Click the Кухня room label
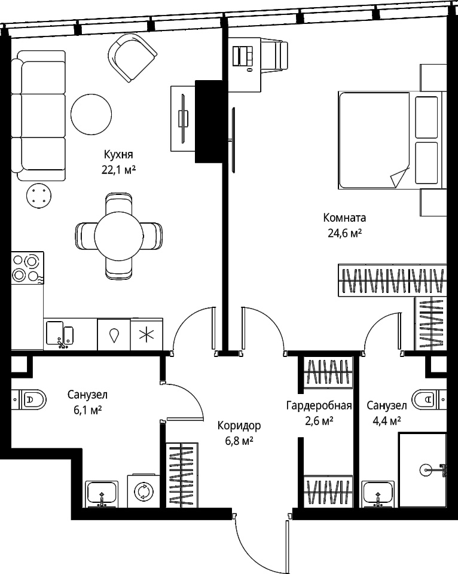pos(118,154)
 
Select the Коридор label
pos(239,425)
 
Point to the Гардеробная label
pos(319,405)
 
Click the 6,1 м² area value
pos(87,410)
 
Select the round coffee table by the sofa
pos(91,115)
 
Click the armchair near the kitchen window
pos(133,57)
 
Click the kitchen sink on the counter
pos(60,334)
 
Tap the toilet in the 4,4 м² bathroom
pos(429,399)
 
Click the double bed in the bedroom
pos(392,141)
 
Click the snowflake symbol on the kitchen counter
pos(147,335)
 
